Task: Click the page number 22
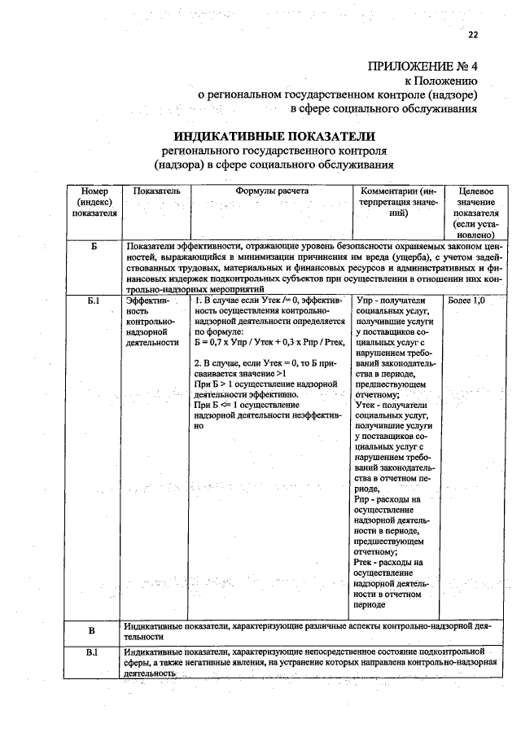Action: [472, 34]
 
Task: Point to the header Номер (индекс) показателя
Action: [94, 201]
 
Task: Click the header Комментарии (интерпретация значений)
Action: [397, 201]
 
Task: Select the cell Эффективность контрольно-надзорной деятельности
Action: [151, 322]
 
